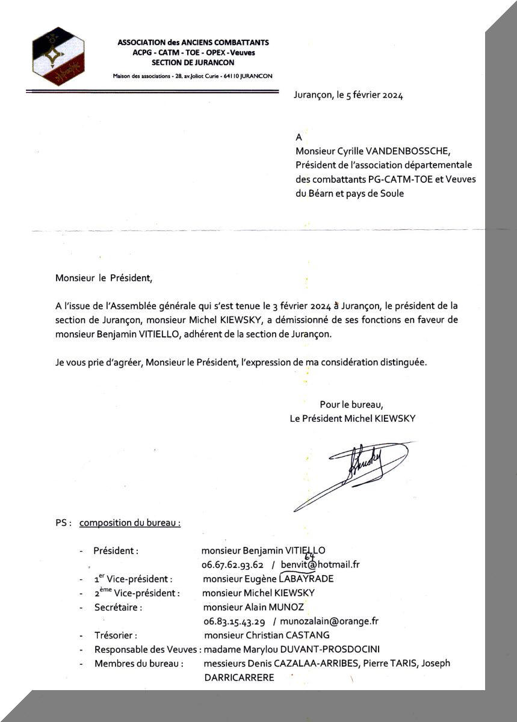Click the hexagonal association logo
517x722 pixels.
point(58,56)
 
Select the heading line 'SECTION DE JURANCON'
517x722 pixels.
point(193,62)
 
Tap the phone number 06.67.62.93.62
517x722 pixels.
point(234,564)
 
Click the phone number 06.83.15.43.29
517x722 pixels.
point(234,621)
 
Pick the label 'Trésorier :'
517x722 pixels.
point(116,635)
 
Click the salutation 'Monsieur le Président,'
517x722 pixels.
point(101,278)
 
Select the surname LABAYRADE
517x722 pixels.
point(306,579)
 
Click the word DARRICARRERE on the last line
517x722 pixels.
point(239,677)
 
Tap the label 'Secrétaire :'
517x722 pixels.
point(118,607)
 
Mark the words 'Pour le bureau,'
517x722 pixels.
point(351,404)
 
